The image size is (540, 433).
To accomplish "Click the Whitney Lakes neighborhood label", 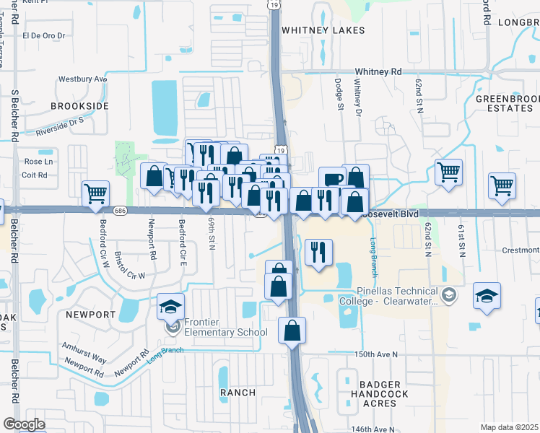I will pyautogui.click(x=323, y=30).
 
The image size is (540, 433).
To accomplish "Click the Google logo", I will pyautogui.click(x=24, y=424).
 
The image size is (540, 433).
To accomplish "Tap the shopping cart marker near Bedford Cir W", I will pyautogui.click(x=95, y=194).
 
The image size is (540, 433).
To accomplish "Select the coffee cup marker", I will pyautogui.click(x=333, y=180).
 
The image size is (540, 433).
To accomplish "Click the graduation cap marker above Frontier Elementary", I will pyautogui.click(x=171, y=306).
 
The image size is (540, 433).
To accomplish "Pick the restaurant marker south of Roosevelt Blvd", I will pyautogui.click(x=318, y=252).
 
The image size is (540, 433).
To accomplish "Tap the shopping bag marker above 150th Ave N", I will pyautogui.click(x=292, y=331).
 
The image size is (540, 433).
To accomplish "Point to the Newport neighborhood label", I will pyautogui.click(x=90, y=315).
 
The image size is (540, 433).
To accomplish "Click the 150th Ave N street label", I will pyautogui.click(x=376, y=354).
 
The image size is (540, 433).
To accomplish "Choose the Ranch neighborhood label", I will pyautogui.click(x=238, y=392).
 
